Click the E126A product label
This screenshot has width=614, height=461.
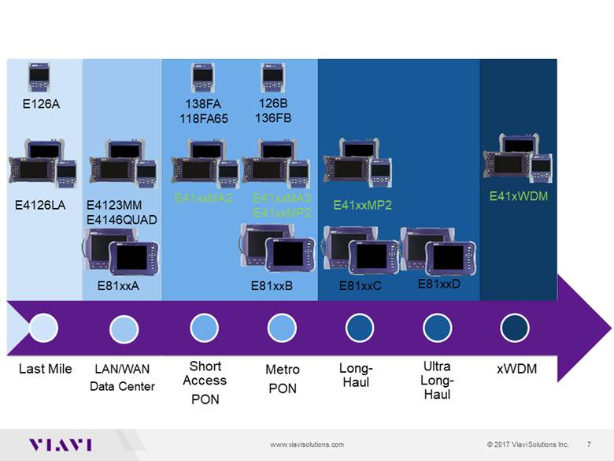[x=39, y=102]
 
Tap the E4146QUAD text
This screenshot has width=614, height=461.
[x=121, y=219]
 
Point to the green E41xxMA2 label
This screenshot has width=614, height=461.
[x=203, y=198]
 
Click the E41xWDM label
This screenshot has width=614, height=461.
[x=518, y=195]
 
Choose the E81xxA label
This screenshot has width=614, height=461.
[x=118, y=286]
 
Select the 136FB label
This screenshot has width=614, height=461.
[x=273, y=118]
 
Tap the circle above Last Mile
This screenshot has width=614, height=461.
[x=44, y=327]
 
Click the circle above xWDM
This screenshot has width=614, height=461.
[x=515, y=327]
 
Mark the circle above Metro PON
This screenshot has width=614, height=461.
[x=281, y=327]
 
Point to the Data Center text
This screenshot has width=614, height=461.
[x=122, y=386]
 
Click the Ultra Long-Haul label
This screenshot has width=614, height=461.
[x=437, y=380]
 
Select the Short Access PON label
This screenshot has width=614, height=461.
[x=205, y=382]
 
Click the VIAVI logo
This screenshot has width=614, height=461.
[x=60, y=444]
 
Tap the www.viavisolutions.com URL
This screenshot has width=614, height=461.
[x=307, y=444]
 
